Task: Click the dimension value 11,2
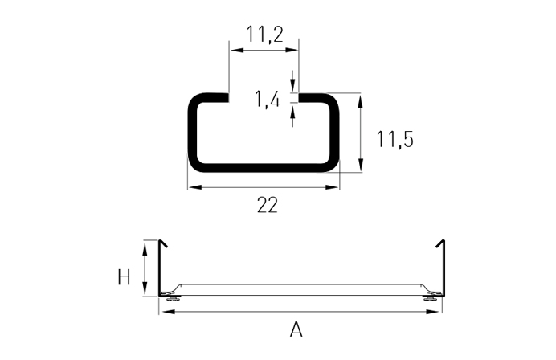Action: (x=264, y=34)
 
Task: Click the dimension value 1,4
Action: (x=268, y=100)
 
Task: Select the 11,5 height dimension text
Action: (x=395, y=139)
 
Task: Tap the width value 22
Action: (x=267, y=205)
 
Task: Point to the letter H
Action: (x=124, y=278)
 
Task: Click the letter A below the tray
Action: (x=296, y=329)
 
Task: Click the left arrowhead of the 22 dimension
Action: (x=194, y=187)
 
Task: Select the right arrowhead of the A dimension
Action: (x=438, y=311)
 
